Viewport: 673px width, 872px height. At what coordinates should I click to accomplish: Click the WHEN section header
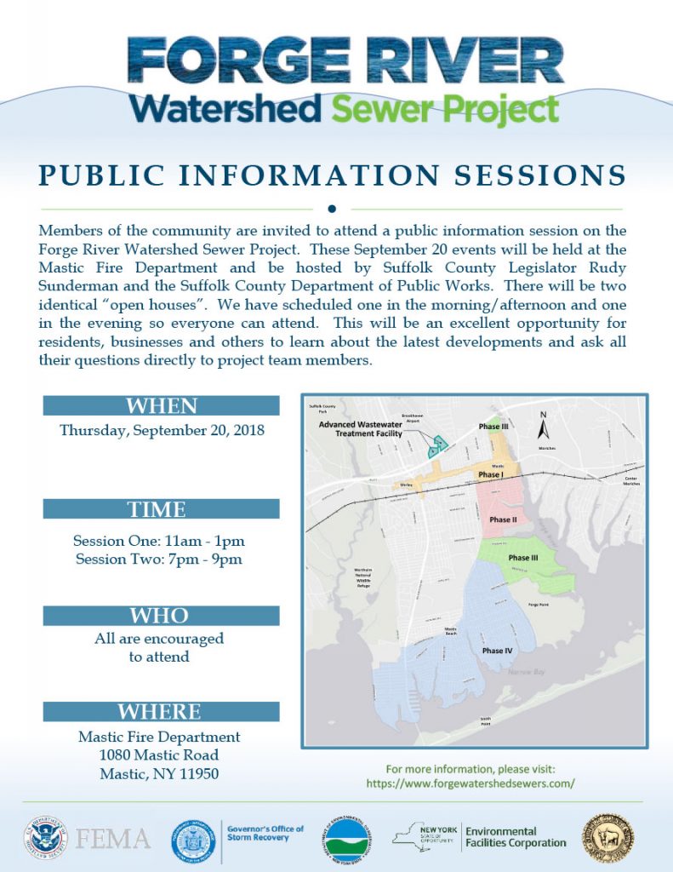pos(162,405)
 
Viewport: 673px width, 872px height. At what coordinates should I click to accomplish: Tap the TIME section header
pos(162,509)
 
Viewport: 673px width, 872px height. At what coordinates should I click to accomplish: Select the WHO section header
pos(162,615)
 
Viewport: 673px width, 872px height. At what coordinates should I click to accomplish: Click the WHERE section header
pos(162,712)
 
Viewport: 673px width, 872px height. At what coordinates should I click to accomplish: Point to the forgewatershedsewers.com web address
pos(471,783)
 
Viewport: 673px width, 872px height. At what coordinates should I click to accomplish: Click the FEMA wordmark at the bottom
pos(113,838)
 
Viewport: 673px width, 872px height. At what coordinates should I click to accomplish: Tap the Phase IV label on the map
pos(497,651)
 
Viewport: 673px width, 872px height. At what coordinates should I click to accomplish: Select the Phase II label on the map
pos(502,519)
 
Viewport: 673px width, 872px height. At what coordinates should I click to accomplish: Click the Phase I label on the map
pos(491,474)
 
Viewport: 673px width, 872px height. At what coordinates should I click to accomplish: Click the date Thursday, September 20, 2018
pos(162,430)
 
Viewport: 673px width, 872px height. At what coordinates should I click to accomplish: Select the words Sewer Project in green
pos(445,110)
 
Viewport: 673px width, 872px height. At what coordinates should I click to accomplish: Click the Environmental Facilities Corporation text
pos(515,837)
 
